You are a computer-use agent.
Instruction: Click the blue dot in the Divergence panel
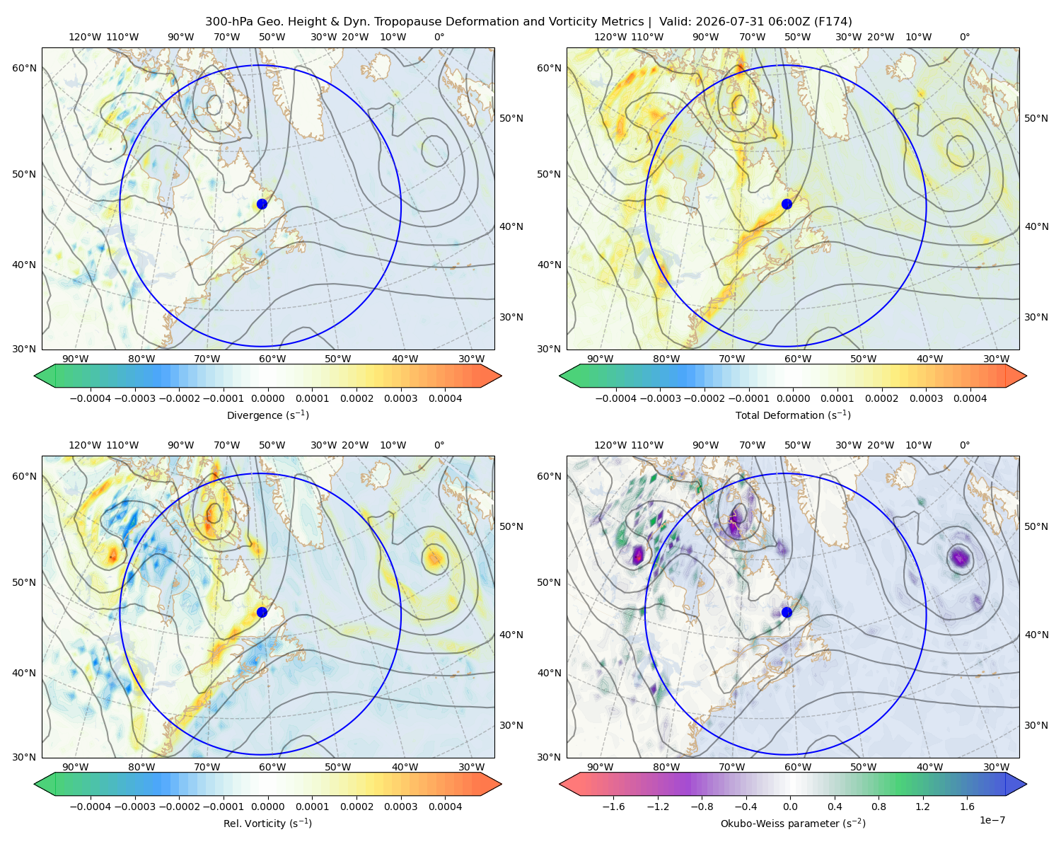click(x=262, y=204)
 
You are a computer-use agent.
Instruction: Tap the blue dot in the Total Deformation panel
click(x=787, y=204)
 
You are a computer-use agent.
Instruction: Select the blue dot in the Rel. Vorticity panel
click(x=262, y=612)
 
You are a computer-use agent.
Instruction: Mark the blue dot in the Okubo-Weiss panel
click(x=787, y=612)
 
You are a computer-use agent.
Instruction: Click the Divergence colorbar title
click(x=267, y=415)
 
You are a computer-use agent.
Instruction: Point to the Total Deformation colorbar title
click(x=793, y=415)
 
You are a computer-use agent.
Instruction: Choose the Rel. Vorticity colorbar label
click(x=267, y=823)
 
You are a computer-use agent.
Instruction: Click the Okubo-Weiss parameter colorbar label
click(x=793, y=823)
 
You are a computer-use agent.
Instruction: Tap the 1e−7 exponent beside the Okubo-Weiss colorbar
click(x=992, y=820)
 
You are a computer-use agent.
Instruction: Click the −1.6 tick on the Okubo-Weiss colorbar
click(x=613, y=806)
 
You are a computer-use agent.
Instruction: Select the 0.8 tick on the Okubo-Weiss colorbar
click(x=879, y=806)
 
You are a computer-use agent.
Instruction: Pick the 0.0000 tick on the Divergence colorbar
click(x=267, y=398)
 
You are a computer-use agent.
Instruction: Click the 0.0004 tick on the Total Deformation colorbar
click(x=970, y=398)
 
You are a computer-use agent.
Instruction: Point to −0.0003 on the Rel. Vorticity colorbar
click(x=134, y=806)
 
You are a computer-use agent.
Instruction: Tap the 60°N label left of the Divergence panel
click(x=24, y=68)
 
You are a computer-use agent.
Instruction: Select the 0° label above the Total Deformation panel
click(x=964, y=37)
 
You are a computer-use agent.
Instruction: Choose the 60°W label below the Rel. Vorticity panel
click(x=272, y=767)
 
